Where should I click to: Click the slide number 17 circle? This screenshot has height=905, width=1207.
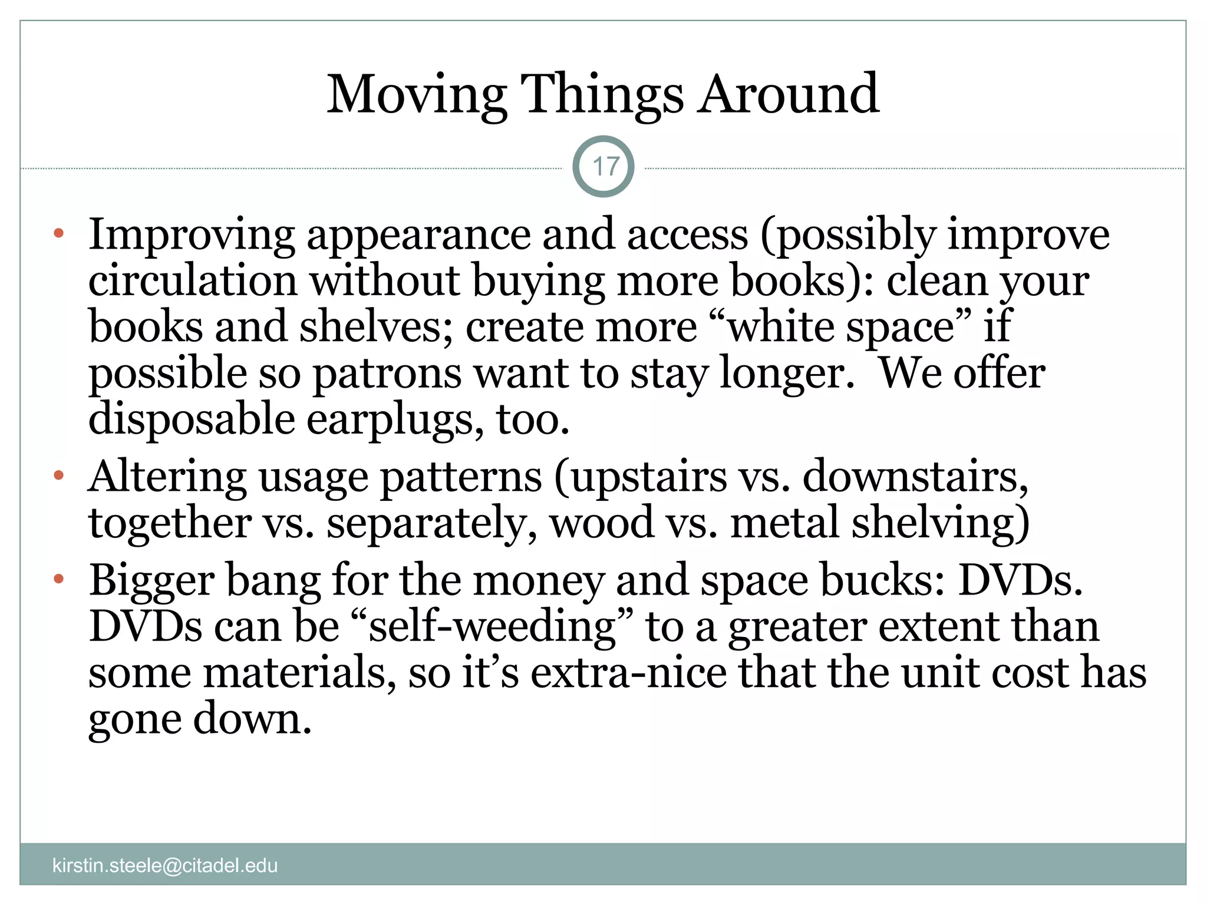(603, 167)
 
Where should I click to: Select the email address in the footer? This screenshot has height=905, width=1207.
(165, 866)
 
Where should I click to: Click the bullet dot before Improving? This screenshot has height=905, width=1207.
(58, 233)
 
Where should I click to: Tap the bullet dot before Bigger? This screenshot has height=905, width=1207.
(58, 579)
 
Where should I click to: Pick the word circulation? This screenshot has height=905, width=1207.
(193, 280)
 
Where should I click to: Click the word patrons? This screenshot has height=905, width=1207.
(387, 374)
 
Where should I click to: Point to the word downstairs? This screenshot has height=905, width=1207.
(915, 476)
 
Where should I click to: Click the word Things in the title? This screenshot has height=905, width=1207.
(602, 95)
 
